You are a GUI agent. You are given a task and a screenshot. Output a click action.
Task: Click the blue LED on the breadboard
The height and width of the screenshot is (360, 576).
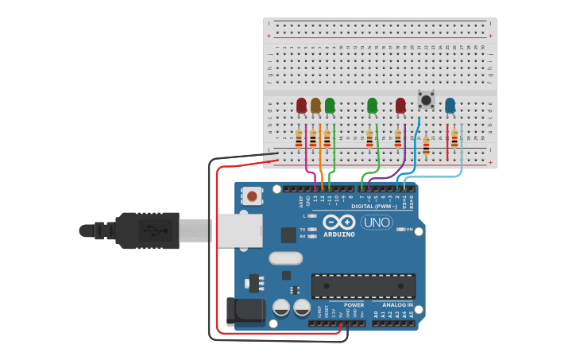pos(450,105)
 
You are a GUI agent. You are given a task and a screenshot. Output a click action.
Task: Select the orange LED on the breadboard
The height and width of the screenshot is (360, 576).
pos(315,105)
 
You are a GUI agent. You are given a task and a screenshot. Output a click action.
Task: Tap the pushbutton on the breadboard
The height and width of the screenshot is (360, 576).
pos(426,100)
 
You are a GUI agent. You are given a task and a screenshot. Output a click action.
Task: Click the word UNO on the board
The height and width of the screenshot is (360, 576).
pos(377,223)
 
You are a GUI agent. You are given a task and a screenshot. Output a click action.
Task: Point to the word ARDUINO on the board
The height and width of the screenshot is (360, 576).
pos(338,234)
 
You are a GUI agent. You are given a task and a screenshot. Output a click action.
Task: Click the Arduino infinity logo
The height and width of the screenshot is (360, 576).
pos(338,222)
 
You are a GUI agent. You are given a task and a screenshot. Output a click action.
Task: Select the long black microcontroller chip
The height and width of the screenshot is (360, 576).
pos(363,285)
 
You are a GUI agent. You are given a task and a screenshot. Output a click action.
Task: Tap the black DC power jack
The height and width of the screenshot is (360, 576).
pos(245,312)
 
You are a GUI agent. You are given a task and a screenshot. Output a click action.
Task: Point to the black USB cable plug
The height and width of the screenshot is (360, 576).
pos(147,230)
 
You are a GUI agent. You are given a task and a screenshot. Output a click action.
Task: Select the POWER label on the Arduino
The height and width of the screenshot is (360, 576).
pos(354,304)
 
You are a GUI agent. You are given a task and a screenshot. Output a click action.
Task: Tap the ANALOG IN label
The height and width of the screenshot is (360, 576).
pos(397,304)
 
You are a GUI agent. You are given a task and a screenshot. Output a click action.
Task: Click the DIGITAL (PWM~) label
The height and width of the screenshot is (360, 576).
pos(381,206)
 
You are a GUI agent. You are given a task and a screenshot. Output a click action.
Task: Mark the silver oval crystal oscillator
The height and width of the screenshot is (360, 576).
pos(286,257)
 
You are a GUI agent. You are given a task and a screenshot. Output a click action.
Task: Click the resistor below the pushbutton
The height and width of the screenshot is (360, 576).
pos(426,145)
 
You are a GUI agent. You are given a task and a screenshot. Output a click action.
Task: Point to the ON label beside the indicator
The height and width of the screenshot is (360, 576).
pos(410,229)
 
